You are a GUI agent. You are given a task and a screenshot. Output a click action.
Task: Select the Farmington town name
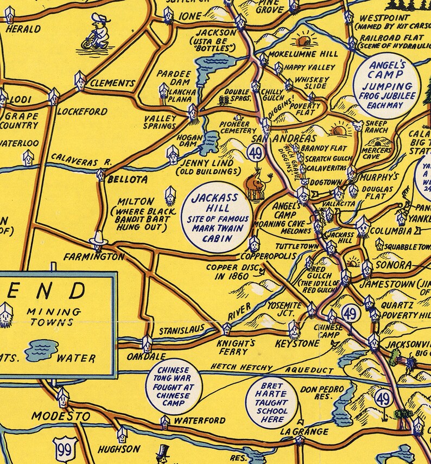[x=93, y=256]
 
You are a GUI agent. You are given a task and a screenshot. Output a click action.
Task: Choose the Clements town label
[x=112, y=84]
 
